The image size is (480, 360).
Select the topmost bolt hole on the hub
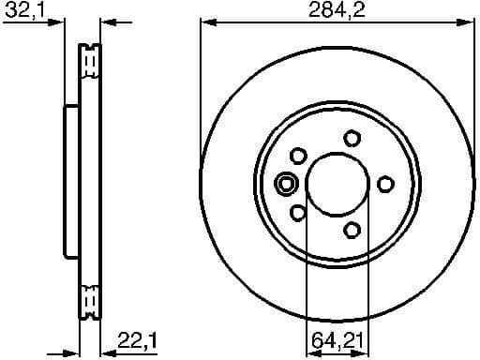[352, 138]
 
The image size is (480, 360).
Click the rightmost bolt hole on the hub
[384, 184]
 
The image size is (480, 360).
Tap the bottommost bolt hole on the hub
[352, 229]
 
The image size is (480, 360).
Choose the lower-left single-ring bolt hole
[298, 213]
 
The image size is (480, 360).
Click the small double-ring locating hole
[287, 184]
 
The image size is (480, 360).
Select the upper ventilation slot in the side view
[91, 62]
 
